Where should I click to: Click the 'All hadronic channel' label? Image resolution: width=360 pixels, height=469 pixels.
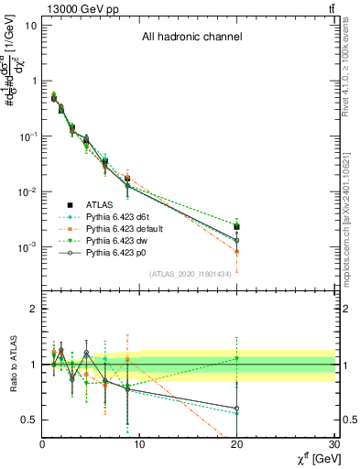click(x=191, y=38)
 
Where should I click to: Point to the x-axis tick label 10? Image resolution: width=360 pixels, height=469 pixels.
click(x=139, y=444)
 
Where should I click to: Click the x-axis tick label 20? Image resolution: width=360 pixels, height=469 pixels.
click(x=237, y=444)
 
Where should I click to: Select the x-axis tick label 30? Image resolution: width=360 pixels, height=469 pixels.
click(x=334, y=444)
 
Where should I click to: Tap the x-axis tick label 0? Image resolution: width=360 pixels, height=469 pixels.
click(x=42, y=444)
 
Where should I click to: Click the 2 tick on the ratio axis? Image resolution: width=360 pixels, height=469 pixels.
click(x=33, y=309)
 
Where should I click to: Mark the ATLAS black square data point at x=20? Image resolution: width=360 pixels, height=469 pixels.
click(x=237, y=226)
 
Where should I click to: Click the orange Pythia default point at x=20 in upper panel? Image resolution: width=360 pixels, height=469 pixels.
click(x=237, y=251)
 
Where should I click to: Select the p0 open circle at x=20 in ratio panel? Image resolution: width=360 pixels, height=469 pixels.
click(x=237, y=409)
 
